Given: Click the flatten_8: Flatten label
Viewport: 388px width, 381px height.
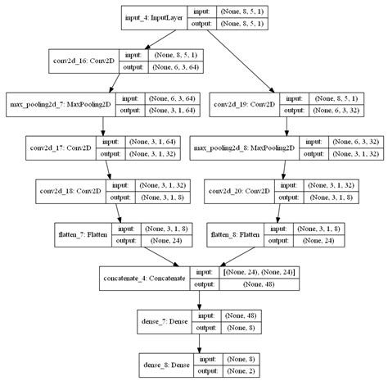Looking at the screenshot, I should (x=236, y=234).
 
